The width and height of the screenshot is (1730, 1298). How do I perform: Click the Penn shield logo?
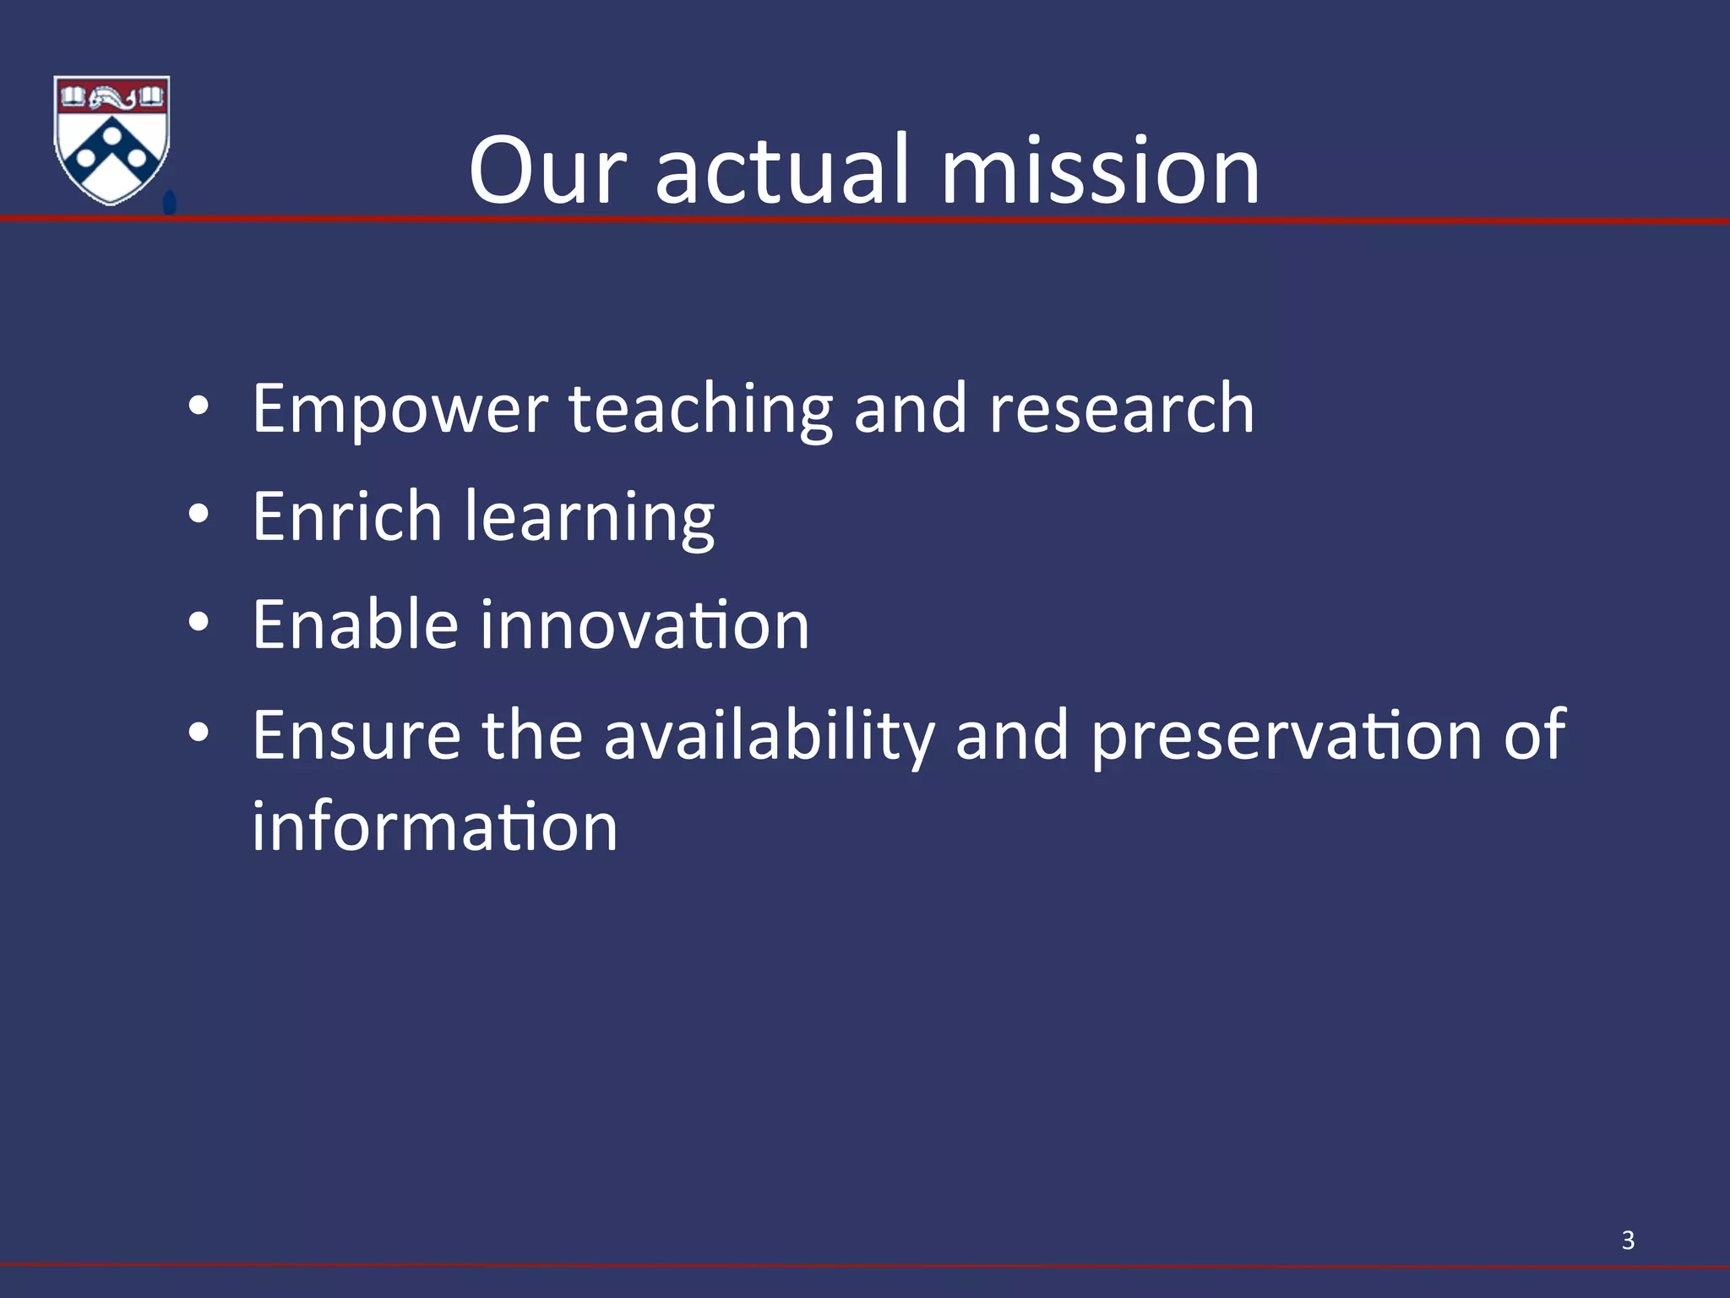click(112, 139)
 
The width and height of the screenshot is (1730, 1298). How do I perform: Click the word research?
click(1121, 409)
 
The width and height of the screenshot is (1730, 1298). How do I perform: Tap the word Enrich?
click(347, 516)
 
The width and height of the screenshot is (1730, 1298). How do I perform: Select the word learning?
click(590, 518)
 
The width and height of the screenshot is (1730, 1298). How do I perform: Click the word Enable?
click(355, 624)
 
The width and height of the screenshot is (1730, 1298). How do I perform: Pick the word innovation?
click(645, 624)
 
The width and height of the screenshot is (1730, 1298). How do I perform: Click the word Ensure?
click(356, 735)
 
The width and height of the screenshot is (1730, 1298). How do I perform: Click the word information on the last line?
click(435, 826)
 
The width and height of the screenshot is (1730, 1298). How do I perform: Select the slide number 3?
click(1628, 1241)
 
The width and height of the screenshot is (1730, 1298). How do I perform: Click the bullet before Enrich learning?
click(199, 515)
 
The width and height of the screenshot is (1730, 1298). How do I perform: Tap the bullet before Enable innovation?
click(199, 623)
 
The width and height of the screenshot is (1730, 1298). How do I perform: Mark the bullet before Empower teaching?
click(199, 406)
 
